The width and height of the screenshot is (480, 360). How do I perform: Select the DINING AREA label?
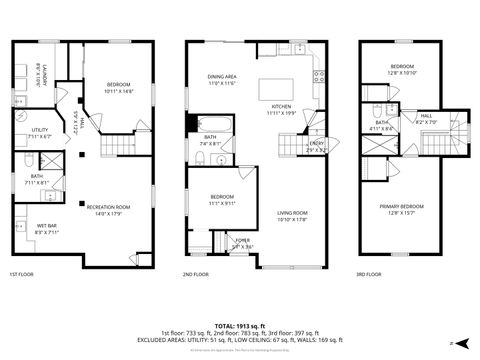pyautogui.click(x=222, y=77)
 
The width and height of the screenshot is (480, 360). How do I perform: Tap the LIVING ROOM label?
pyautogui.click(x=291, y=212)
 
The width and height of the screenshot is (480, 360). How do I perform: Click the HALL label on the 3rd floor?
pyautogui.click(x=425, y=116)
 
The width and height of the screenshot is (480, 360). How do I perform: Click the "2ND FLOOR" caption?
pyautogui.click(x=196, y=274)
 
